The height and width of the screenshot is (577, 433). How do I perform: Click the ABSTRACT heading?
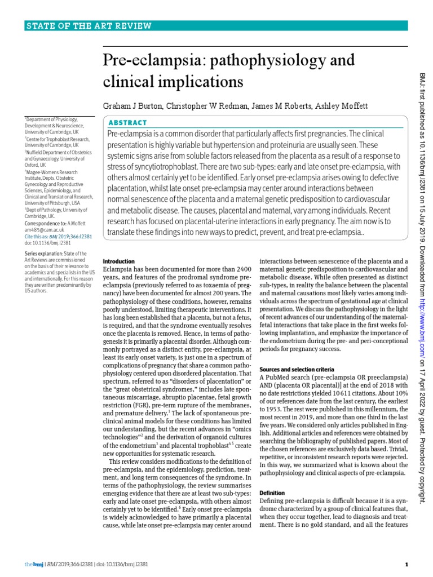(x=127, y=122)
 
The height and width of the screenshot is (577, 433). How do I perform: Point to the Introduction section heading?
(x=119, y=261)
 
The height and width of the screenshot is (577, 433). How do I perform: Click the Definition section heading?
(x=272, y=492)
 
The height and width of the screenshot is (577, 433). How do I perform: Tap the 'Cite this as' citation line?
(x=58, y=237)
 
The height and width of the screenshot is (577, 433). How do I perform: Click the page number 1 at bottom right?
(x=406, y=565)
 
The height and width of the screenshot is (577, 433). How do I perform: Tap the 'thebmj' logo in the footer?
(x=31, y=565)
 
